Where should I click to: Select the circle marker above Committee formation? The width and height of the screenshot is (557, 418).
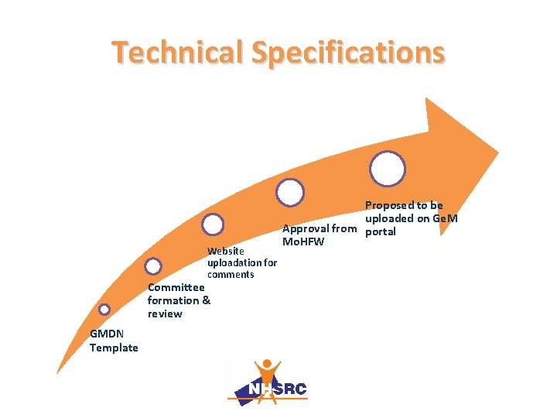(153, 266)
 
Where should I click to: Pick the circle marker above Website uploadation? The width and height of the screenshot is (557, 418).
(213, 224)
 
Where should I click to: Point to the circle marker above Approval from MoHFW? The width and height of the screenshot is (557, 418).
(290, 192)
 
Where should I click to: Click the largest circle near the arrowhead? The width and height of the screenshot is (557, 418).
(387, 169)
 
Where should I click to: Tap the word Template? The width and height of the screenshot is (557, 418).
(114, 348)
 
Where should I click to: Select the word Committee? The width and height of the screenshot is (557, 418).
(176, 287)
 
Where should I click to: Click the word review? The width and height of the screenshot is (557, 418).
(165, 313)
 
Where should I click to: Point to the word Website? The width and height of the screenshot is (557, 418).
(226, 251)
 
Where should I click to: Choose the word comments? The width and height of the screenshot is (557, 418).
(231, 274)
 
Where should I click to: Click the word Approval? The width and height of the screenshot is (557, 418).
(305, 228)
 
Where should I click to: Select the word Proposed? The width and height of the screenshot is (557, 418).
(389, 205)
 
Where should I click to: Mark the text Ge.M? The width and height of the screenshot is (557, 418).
(445, 218)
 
